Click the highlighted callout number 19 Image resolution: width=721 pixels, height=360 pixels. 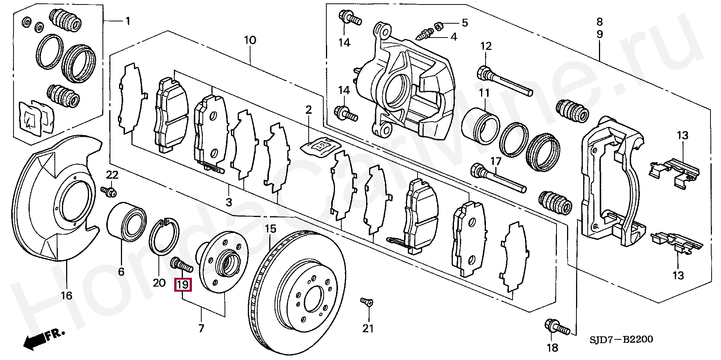point(183,284)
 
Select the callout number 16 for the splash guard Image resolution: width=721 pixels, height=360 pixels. point(66,296)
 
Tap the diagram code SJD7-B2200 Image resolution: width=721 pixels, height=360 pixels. point(621,340)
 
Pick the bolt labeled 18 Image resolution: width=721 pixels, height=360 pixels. point(557,328)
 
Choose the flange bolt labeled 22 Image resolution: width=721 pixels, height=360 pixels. point(109,191)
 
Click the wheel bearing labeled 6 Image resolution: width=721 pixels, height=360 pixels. point(127,222)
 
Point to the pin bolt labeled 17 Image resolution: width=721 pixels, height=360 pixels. point(498,180)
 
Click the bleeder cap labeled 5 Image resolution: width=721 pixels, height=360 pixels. point(439,26)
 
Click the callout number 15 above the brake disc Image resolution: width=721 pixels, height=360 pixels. point(270,228)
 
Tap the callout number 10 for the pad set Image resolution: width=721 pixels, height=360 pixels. point(250,40)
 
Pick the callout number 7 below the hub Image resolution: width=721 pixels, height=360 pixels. point(201,328)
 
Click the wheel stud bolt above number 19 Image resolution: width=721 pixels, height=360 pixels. point(182,264)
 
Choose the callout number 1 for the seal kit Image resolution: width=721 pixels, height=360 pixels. point(128,21)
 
